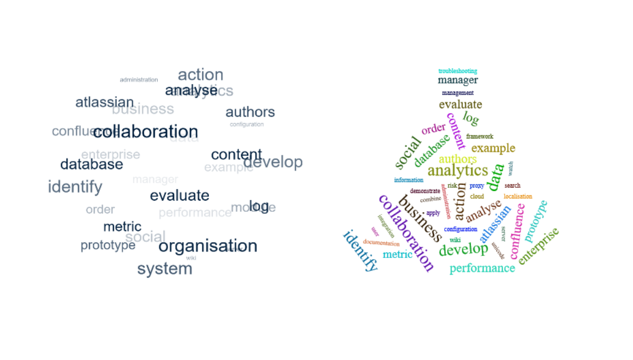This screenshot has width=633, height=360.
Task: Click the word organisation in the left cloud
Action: coord(207,246)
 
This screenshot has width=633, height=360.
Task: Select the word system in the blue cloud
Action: coord(164,268)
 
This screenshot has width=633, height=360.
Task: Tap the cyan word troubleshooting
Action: coord(457,71)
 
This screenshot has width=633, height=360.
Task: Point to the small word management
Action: coord(457,93)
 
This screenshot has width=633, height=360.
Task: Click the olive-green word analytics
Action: coord(457,171)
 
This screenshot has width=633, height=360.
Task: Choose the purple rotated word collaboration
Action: coord(407,233)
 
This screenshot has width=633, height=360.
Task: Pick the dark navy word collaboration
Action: coord(146,131)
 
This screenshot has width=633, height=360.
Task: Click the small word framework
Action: coord(480,136)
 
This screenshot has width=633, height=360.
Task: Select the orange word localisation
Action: coord(517,196)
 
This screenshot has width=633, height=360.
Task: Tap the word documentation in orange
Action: coord(381,243)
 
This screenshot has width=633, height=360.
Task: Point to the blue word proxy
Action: coord(476,186)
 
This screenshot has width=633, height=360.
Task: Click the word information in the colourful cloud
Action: coord(409,180)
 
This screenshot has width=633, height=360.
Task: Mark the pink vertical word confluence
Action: coord(517,231)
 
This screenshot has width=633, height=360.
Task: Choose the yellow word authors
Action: coord(457,159)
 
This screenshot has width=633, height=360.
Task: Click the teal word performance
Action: coord(482,268)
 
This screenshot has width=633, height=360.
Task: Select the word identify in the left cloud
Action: coord(75,187)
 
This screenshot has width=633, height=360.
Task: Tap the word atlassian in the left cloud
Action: coord(104,102)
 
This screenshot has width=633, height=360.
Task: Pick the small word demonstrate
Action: coord(425,191)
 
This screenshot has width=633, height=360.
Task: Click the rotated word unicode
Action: coord(498,250)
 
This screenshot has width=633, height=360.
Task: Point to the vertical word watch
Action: coord(511,168)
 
